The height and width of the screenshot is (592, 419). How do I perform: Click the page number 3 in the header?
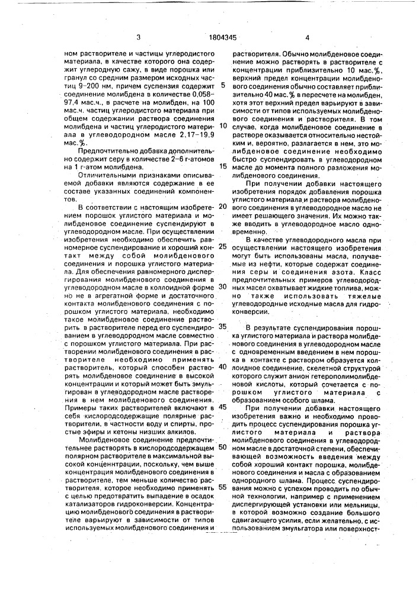(x=138, y=37)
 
